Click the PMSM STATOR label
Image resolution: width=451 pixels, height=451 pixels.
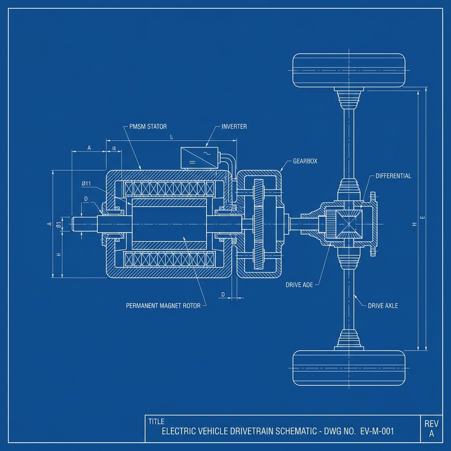[x=148, y=127]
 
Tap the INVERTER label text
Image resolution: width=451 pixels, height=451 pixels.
[x=234, y=127]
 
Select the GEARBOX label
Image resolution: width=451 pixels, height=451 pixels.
[x=305, y=162]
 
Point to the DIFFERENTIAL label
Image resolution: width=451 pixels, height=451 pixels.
[x=393, y=176]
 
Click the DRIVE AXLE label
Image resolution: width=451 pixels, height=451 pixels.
[x=383, y=306]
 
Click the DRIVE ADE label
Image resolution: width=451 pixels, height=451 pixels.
[x=299, y=285]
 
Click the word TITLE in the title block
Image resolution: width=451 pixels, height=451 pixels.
[x=156, y=421]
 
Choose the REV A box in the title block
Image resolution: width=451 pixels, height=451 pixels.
[x=431, y=429]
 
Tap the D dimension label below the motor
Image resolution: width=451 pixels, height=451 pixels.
[x=223, y=294]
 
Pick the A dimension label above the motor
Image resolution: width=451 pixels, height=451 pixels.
[x=89, y=148]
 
